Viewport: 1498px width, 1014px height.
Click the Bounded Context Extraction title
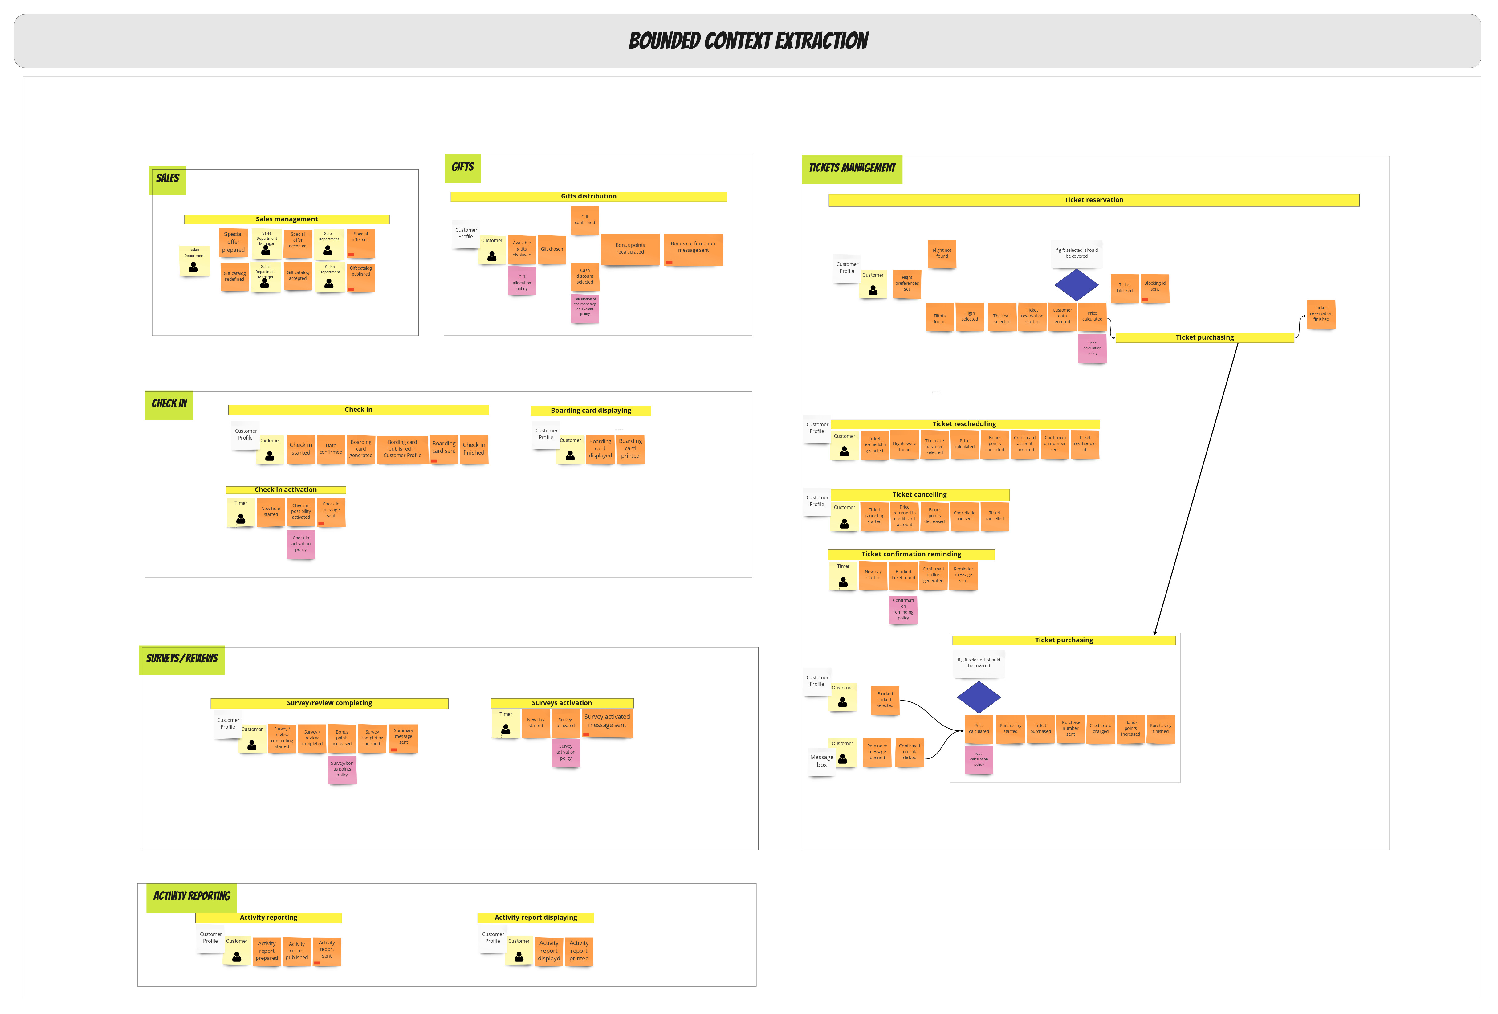point(748,41)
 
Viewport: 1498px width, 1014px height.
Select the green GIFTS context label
point(462,168)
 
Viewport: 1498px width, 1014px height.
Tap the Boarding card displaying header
point(590,411)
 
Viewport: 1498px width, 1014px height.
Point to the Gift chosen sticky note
point(552,249)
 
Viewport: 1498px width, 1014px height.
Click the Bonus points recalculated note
point(630,249)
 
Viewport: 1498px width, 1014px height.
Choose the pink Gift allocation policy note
point(521,282)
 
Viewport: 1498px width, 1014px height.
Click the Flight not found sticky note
point(942,253)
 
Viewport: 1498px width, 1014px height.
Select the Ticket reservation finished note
point(1321,314)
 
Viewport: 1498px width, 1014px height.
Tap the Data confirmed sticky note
point(331,449)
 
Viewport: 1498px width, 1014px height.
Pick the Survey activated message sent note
point(607,721)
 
